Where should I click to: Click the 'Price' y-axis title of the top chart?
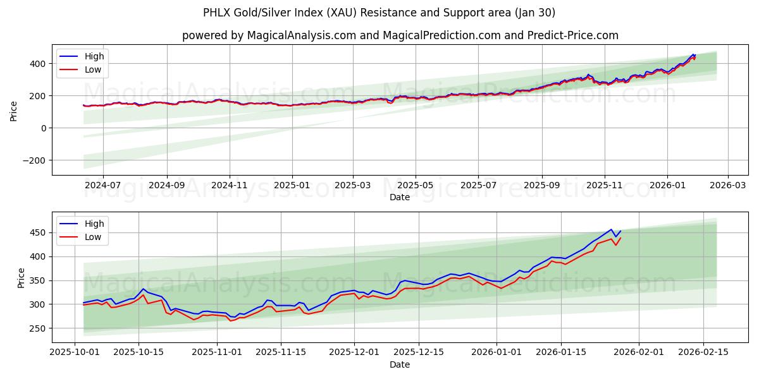coord(14,110)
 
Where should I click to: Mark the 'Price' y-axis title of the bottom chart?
coord(22,277)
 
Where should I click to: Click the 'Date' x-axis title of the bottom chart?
coord(400,364)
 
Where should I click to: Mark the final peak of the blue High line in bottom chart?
coord(611,229)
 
